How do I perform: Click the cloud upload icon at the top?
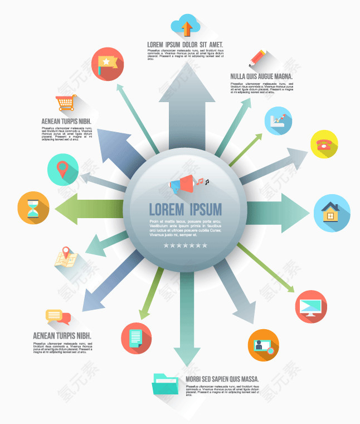pyautogui.click(x=186, y=26)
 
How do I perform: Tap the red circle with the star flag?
pyautogui.click(x=107, y=64)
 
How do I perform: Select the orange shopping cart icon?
pyautogui.click(x=66, y=103)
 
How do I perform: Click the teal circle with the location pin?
pyautogui.click(x=63, y=169)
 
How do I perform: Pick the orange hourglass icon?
pyautogui.click(x=34, y=208)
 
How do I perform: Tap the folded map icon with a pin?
pyautogui.click(x=65, y=258)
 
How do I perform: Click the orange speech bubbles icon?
pyautogui.click(x=58, y=316)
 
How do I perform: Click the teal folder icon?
pyautogui.click(x=166, y=384)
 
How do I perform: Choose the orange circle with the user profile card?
pyautogui.click(x=263, y=344)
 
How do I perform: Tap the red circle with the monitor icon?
pyautogui.click(x=311, y=306)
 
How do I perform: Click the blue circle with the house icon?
pyautogui.click(x=332, y=213)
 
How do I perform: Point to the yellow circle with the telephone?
pyautogui.click(x=324, y=144)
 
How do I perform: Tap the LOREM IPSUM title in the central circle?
pyautogui.click(x=186, y=210)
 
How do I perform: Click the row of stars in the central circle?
pyautogui.click(x=186, y=245)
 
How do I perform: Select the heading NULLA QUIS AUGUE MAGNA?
pyautogui.click(x=261, y=76)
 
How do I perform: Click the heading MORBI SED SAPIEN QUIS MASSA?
pyautogui.click(x=222, y=378)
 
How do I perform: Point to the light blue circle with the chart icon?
pyautogui.click(x=278, y=121)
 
